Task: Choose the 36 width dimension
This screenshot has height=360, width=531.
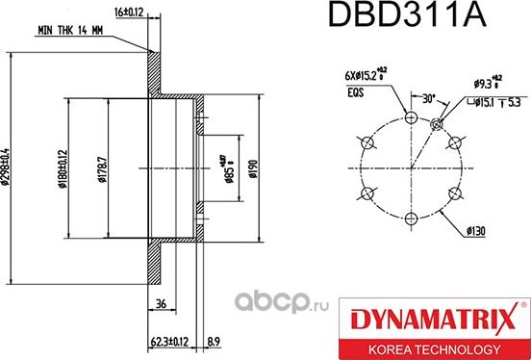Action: [x=160, y=305]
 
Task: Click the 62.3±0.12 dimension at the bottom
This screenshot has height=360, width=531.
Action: [x=169, y=340]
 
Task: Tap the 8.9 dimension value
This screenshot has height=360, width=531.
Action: [x=214, y=340]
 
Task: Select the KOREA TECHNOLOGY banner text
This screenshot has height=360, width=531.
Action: [x=439, y=347]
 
